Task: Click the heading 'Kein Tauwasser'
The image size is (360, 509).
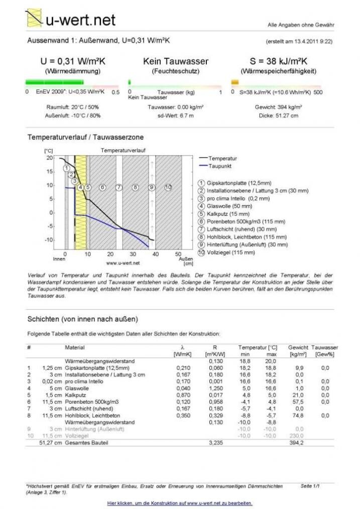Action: point(175,61)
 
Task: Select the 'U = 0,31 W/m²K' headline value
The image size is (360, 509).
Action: point(73,61)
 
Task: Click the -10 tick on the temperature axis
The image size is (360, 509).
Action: point(49,240)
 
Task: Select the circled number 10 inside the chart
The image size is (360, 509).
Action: point(168,187)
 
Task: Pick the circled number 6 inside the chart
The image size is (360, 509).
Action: point(102,187)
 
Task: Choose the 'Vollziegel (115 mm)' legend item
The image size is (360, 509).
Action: point(230,252)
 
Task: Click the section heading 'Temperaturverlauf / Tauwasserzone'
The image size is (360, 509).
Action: point(85,137)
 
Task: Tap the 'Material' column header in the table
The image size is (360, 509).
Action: point(75,347)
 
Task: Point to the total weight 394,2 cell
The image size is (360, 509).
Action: point(297,443)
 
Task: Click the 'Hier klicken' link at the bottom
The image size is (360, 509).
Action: point(180,503)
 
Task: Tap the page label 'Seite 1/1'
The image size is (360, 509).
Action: point(310,486)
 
